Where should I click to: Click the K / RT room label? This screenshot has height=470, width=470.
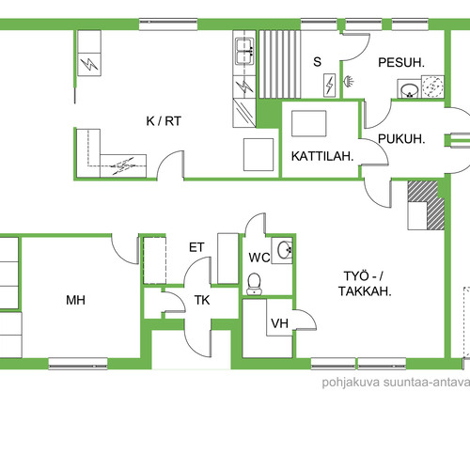(x=164, y=121)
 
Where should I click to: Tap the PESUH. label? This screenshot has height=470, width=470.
(x=401, y=63)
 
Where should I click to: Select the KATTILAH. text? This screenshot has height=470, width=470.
(x=322, y=156)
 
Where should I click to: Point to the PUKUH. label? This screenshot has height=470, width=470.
(x=401, y=139)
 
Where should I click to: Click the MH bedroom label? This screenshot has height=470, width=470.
(x=75, y=300)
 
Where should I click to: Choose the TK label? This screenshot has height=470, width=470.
(x=202, y=300)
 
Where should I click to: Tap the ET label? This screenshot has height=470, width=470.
(x=196, y=247)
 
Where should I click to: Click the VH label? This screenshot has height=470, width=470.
(x=279, y=323)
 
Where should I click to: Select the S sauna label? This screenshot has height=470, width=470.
(x=317, y=62)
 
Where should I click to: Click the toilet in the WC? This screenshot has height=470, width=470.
(x=255, y=284)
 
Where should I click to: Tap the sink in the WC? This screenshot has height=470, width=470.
(x=285, y=250)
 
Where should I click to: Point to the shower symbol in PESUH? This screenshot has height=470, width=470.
(x=349, y=82)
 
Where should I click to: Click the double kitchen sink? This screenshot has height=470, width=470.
(x=244, y=52)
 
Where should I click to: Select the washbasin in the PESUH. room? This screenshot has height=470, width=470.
(x=409, y=90)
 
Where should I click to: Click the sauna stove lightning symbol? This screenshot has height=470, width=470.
(x=329, y=86)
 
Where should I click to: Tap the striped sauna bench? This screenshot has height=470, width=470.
(x=279, y=64)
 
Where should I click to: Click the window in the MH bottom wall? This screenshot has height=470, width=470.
(x=78, y=364)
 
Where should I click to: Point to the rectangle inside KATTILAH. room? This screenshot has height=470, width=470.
(x=309, y=123)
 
